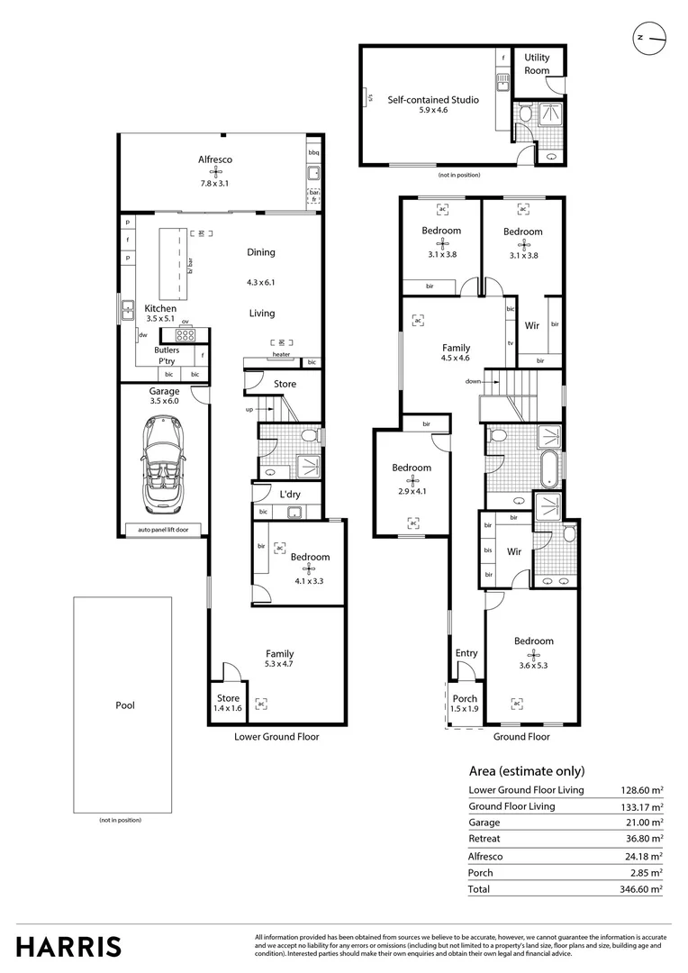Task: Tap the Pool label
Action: click(x=125, y=705)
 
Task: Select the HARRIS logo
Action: click(x=68, y=946)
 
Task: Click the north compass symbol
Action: click(x=650, y=38)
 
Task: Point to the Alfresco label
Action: click(x=215, y=159)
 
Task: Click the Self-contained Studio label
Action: click(x=433, y=99)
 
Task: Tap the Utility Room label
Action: click(x=537, y=64)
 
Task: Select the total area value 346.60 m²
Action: click(x=642, y=888)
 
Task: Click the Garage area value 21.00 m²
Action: click(x=644, y=823)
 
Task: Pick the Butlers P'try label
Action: click(x=167, y=355)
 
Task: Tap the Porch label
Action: click(x=465, y=699)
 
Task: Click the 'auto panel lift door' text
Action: click(x=164, y=530)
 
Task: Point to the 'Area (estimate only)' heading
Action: click(x=527, y=771)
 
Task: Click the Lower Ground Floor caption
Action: click(x=276, y=736)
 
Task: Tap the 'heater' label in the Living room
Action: click(x=281, y=355)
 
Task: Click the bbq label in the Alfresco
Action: click(x=313, y=153)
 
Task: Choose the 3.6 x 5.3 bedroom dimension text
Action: click(x=533, y=666)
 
